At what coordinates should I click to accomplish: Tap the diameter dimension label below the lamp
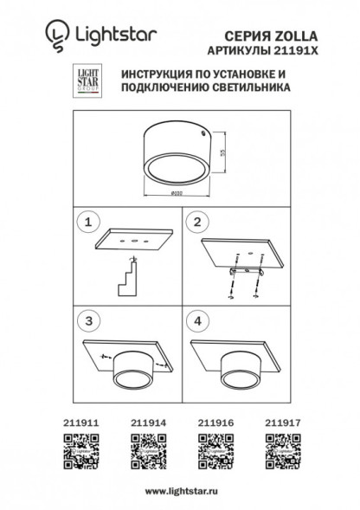[x=176, y=192]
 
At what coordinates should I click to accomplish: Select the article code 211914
[x=147, y=422]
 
